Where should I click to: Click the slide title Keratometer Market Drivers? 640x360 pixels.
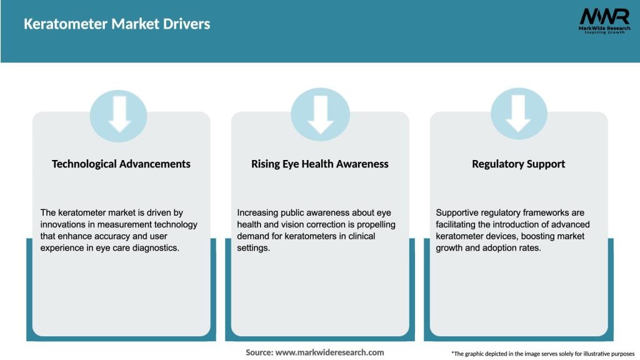pos(117,24)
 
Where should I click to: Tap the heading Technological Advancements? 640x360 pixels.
pos(121,164)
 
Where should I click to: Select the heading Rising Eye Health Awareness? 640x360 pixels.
pos(320,164)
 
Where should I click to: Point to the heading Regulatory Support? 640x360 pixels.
pos(518,164)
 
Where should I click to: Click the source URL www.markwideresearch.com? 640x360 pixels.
pos(329,352)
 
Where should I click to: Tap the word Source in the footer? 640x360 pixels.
pos(259,352)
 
